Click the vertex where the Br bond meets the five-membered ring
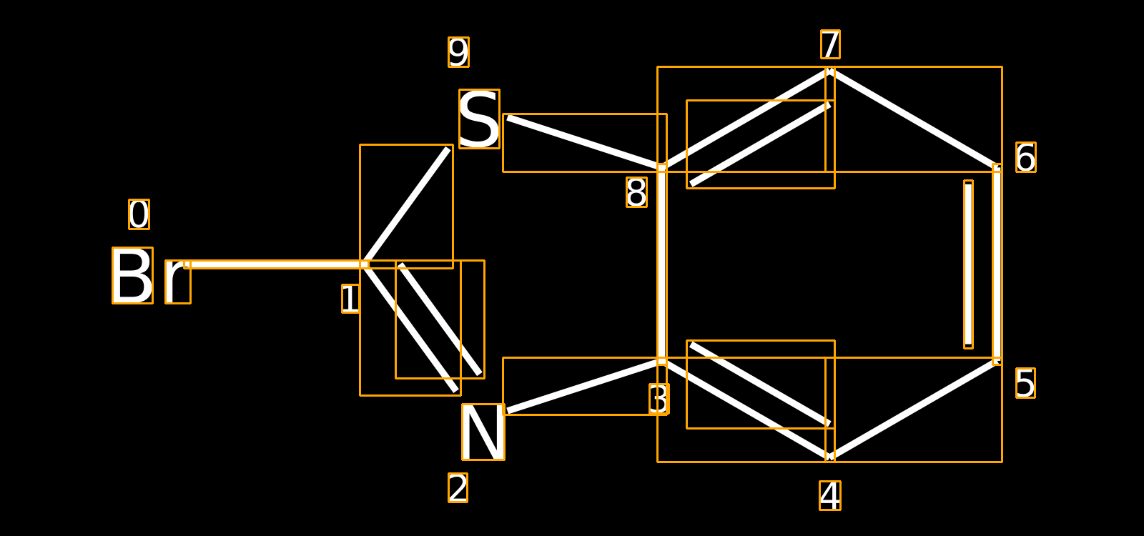[x=364, y=264]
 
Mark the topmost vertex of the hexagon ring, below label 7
[x=830, y=71]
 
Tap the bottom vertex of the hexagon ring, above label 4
[x=830, y=457]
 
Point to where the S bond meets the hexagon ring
[x=662, y=168]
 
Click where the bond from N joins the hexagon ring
[x=662, y=361]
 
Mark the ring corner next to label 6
[x=997, y=168]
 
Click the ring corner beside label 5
[x=997, y=361]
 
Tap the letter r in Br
[x=178, y=282]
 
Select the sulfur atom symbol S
[x=479, y=119]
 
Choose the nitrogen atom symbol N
[x=483, y=432]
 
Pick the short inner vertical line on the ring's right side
[x=968, y=264]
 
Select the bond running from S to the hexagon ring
[x=585, y=143]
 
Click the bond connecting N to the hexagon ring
[x=585, y=386]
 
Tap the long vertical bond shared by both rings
[x=662, y=264]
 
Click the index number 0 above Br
[x=139, y=214]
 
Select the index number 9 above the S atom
[x=458, y=52]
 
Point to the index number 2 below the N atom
[x=458, y=487]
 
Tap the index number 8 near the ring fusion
[x=637, y=192]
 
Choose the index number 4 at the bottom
[x=830, y=496]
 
